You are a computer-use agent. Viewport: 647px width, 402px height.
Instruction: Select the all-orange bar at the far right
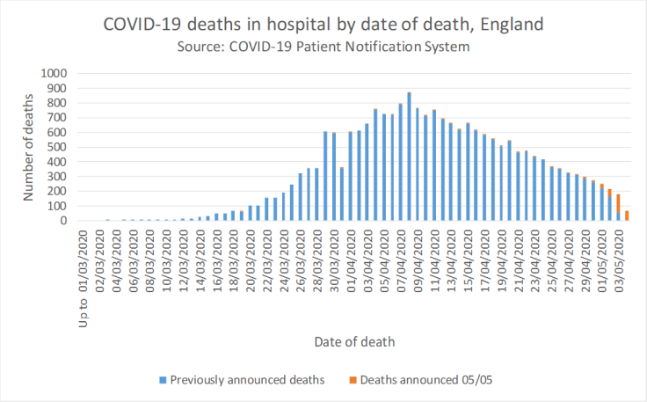(627, 216)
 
